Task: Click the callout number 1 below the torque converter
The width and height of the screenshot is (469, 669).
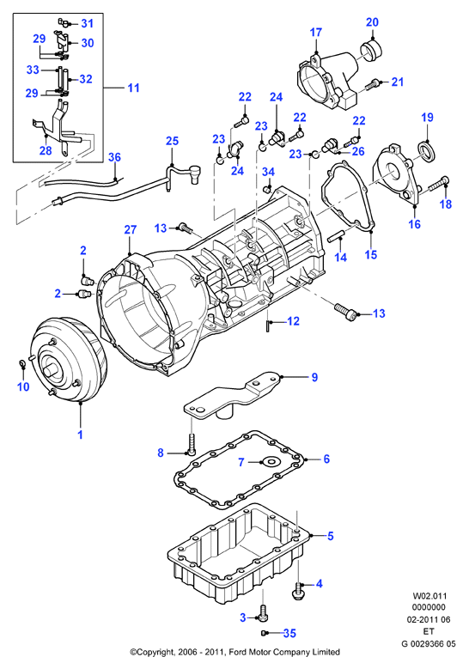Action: [80, 435]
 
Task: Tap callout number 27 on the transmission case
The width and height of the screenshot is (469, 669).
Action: [131, 229]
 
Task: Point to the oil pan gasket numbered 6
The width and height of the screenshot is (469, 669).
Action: [240, 469]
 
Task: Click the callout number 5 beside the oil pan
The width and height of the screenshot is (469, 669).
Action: [330, 535]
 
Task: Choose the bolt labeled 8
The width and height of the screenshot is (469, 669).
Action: [191, 443]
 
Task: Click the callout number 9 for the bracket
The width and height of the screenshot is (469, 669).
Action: [314, 377]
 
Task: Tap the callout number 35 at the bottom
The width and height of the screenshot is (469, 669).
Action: [289, 633]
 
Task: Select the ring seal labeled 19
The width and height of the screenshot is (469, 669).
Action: [426, 151]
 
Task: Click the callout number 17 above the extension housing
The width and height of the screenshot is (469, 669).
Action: [316, 32]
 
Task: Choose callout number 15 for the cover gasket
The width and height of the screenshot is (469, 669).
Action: [371, 254]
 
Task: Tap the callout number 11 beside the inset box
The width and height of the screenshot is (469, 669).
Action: [134, 88]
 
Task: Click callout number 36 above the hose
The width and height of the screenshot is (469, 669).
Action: [114, 157]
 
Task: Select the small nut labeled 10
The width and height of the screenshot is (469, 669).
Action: [22, 363]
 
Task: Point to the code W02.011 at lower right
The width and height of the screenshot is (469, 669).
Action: [429, 596]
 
